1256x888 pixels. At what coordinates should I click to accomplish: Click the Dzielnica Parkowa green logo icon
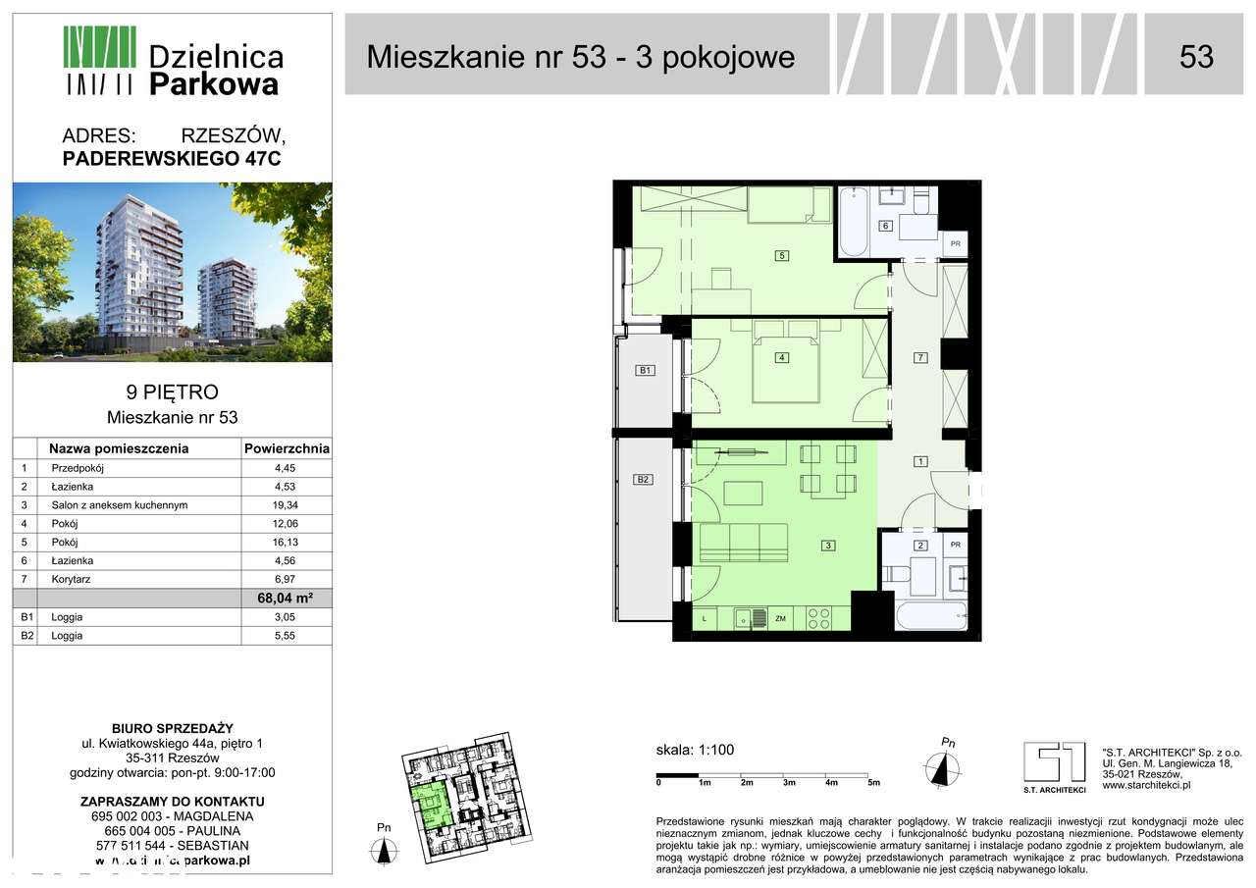pos(99,60)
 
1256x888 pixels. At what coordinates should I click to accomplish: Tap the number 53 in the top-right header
pos(1196,57)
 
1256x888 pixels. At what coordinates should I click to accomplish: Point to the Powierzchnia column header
pos(286,449)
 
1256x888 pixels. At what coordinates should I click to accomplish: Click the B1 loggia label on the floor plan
pos(645,371)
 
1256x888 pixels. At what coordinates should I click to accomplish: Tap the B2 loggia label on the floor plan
pos(644,480)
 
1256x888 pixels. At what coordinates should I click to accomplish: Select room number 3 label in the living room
pos(828,547)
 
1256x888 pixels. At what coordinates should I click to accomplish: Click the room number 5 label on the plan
pos(781,257)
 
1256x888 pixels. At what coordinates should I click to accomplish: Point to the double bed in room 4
pos(785,368)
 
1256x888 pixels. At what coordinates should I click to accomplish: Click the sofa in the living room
pos(746,542)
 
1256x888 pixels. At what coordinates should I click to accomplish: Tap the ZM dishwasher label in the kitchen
pos(781,618)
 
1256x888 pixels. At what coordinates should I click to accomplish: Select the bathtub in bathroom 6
pos(851,221)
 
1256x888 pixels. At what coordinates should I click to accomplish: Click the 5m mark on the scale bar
pos(873,783)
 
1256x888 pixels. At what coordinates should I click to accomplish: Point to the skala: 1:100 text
pos(695,751)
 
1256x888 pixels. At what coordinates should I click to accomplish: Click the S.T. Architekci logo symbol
pos(1054,762)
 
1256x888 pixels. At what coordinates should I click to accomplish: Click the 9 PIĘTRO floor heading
pos(172,394)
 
